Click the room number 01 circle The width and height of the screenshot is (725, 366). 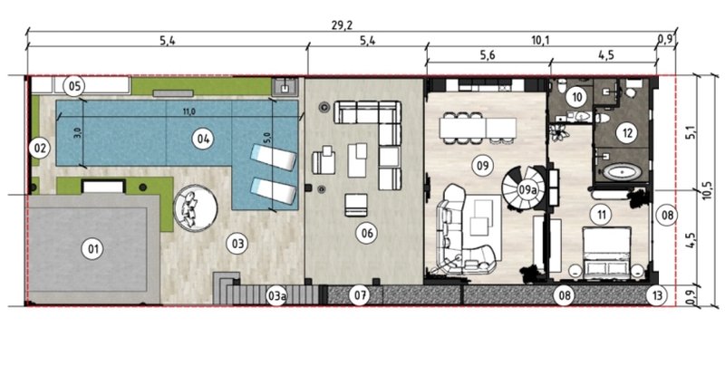(93, 249)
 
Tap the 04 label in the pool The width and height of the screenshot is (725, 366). (203, 139)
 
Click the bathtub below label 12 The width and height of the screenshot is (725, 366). (623, 173)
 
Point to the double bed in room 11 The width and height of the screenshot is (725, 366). (607, 253)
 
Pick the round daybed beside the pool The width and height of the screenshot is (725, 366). (195, 207)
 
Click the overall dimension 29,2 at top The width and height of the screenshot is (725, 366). (342, 25)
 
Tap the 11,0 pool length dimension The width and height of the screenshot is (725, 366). (188, 111)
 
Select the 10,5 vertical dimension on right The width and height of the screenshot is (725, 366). (707, 190)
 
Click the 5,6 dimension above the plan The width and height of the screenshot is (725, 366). (488, 55)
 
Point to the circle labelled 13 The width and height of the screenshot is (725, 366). (657, 295)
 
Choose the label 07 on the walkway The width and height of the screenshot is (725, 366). (360, 294)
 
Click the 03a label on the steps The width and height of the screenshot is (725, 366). (275, 296)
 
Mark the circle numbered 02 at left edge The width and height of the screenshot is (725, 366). (39, 149)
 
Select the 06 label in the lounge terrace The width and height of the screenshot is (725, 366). (367, 234)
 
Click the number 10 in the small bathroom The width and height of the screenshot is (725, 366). (577, 97)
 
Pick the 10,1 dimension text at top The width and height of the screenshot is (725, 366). (539, 41)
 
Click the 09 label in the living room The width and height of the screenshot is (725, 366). (482, 166)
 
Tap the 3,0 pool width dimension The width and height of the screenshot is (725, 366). (77, 132)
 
